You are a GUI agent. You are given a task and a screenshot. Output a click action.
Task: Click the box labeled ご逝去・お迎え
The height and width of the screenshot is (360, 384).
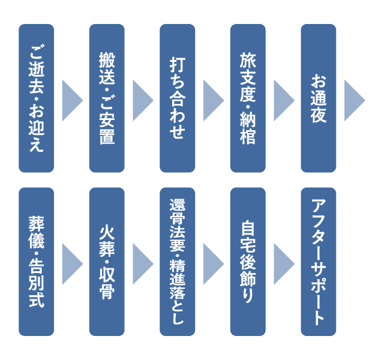tap(36, 98)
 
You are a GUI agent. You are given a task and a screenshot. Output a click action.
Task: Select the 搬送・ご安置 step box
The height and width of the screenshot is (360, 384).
tap(107, 98)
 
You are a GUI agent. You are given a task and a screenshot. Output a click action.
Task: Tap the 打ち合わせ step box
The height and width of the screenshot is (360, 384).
tap(177, 98)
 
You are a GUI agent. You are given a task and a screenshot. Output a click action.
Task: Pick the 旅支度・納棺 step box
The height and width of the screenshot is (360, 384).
tap(248, 98)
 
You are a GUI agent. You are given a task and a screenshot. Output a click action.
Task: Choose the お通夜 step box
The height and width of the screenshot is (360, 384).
tap(319, 98)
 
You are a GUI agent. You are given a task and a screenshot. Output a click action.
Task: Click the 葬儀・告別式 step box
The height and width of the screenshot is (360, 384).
tap(36, 262)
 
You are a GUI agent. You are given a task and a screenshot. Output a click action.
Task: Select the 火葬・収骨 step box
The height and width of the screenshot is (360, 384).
tap(107, 262)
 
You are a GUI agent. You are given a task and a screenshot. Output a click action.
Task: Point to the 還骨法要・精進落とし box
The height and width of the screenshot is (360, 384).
tap(177, 262)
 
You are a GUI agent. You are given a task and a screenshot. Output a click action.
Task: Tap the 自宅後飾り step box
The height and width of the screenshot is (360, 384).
tap(248, 262)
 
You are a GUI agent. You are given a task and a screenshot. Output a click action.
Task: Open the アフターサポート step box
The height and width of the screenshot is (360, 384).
tap(319, 262)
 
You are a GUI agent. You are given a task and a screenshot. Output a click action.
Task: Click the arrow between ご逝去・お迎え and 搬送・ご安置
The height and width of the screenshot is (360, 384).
tap(71, 98)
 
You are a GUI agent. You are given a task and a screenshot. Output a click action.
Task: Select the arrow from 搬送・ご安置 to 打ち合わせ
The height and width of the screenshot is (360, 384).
tap(142, 98)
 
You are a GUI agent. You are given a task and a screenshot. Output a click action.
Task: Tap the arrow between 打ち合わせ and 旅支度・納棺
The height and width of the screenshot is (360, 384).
tap(212, 98)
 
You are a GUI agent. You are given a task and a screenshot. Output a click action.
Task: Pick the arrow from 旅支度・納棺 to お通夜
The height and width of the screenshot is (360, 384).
tap(283, 98)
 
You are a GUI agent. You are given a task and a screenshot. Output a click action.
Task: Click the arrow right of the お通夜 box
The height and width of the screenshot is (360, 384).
tap(354, 98)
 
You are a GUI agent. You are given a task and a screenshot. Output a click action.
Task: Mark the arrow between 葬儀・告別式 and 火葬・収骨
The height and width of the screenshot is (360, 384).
tap(71, 262)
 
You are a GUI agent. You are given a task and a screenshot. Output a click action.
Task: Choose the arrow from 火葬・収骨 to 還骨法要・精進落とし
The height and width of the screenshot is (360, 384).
tap(142, 262)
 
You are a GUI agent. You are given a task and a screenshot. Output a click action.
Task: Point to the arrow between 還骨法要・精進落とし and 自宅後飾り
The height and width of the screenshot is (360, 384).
tap(212, 262)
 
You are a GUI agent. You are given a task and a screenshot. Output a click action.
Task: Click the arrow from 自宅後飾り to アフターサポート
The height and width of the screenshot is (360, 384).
tap(283, 262)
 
